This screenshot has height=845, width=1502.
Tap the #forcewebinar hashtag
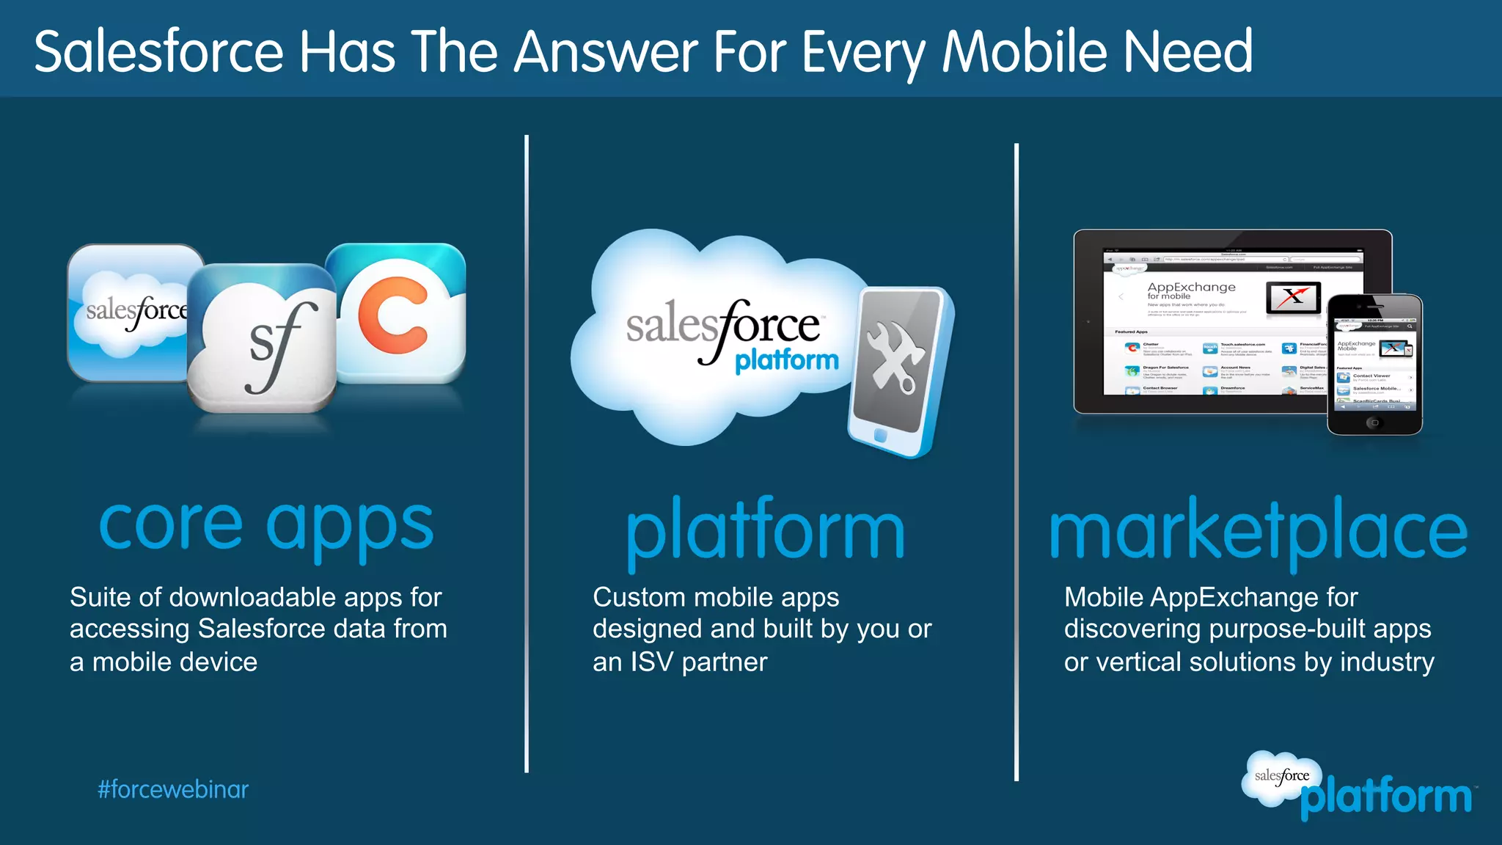173,789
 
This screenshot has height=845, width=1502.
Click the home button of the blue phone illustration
880,435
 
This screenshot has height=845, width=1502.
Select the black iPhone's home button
1374,422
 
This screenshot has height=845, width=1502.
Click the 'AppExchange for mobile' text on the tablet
1191,290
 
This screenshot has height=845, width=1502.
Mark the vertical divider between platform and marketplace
1016,462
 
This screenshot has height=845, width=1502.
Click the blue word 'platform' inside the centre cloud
787,360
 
